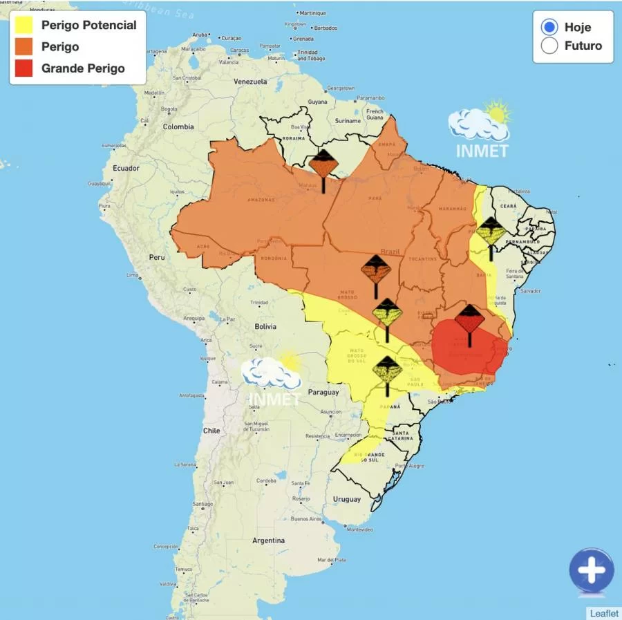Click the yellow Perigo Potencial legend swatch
pos(25,26)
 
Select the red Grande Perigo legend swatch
pos(25,68)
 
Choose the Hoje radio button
pos(549,28)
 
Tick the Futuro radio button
pos(549,46)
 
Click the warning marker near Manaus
pos(323,166)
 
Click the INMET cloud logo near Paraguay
pos(273,373)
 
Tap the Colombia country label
pos(178,127)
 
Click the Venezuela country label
pos(249,82)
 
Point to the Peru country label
pos(157,257)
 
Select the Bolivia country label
pos(265,326)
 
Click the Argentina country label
pos(268,541)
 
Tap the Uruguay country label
pos(346,499)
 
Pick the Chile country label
pos(211,430)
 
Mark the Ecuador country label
pos(126,168)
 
